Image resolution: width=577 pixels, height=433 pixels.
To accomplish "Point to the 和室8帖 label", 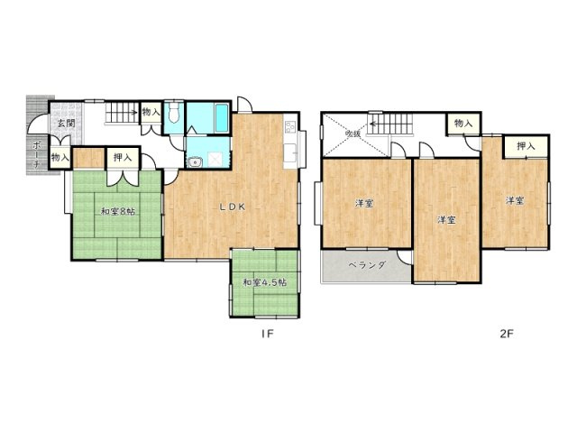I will [117, 212].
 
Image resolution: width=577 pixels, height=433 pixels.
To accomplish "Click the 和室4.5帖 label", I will [264, 282].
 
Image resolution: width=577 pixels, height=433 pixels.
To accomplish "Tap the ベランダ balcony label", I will [367, 265].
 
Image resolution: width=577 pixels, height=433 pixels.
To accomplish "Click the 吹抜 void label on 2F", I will [353, 134].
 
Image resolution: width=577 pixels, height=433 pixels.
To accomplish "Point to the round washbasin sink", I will [195, 161].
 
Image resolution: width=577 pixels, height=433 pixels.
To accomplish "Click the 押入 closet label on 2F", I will [526, 146].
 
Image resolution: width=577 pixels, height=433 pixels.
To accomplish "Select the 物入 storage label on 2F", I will [463, 123].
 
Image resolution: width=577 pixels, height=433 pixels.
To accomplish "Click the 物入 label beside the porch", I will [61, 158].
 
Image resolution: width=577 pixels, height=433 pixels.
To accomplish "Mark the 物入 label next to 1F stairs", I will [151, 113].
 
